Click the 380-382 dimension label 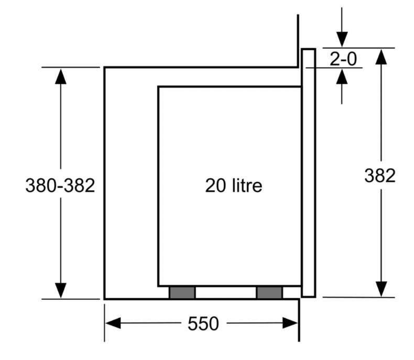pyautogui.click(x=60, y=186)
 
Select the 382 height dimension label pyautogui.click(x=380, y=176)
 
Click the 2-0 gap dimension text pyautogui.click(x=343, y=59)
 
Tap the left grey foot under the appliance pyautogui.click(x=182, y=292)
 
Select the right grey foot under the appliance pyautogui.click(x=269, y=292)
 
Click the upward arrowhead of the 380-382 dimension pyautogui.click(x=61, y=76)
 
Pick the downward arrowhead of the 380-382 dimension pyautogui.click(x=61, y=290)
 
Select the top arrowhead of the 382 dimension pyautogui.click(x=381, y=57)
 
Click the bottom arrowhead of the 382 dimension pyautogui.click(x=381, y=289)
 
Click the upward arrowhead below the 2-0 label pyautogui.click(x=342, y=77)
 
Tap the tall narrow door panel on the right pyautogui.click(x=309, y=173)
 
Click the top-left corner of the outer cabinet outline pyautogui.click(x=105, y=68)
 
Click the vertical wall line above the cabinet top pyautogui.click(x=298, y=39)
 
